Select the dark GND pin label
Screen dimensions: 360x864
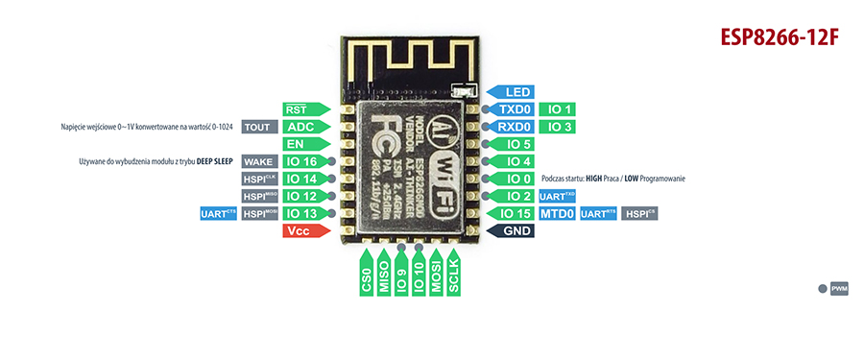click(x=512, y=231)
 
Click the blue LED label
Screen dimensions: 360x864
click(x=512, y=92)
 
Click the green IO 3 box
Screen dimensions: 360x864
click(x=556, y=127)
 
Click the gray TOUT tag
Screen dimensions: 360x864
click(x=256, y=127)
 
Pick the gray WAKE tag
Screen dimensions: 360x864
click(x=257, y=161)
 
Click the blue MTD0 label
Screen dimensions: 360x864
click(x=556, y=214)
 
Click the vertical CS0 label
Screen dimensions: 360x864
click(x=366, y=278)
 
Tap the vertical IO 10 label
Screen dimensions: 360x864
click(x=419, y=276)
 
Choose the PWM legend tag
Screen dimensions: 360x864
click(x=838, y=288)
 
